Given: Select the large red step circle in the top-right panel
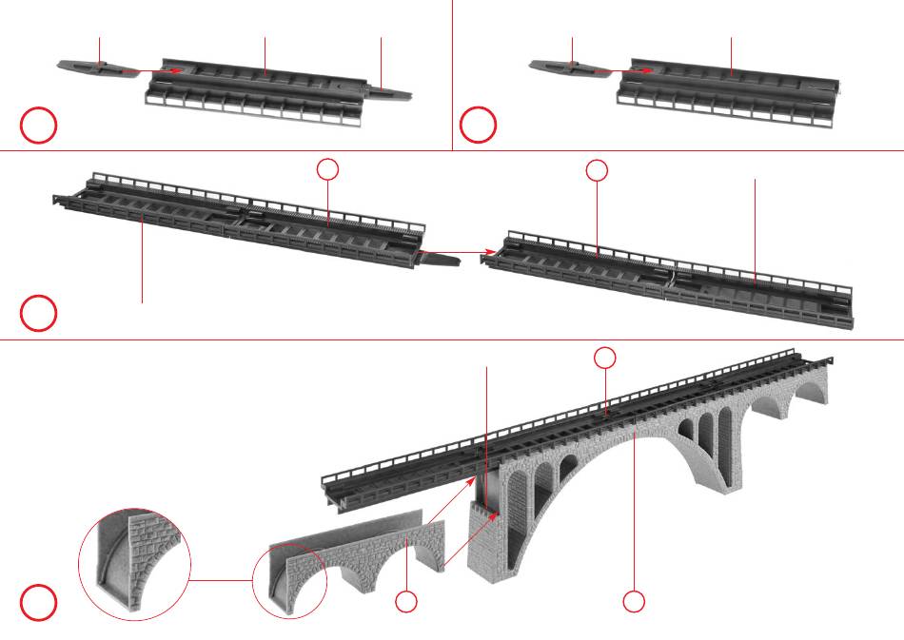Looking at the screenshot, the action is [479, 126].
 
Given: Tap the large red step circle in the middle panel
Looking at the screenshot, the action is [39, 314].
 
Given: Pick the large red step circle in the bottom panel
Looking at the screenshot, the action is [39, 604].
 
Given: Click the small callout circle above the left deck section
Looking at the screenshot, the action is [327, 169].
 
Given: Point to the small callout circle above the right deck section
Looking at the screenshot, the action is [597, 170].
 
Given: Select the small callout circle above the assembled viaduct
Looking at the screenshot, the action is [605, 358].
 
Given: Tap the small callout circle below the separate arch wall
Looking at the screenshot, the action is [406, 601].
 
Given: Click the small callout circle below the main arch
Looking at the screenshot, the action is [634, 601].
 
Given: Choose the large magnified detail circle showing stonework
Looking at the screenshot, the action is [134, 565].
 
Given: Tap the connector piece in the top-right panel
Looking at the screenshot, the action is [562, 67].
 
